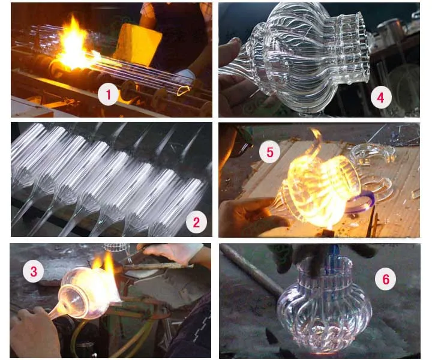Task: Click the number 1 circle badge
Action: pos(108,94)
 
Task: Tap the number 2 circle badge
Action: pos(196,222)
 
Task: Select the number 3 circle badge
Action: pos(34,272)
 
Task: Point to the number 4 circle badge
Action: pos(381,97)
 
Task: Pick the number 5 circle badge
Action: pos(270,152)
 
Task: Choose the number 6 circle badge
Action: pos(386,279)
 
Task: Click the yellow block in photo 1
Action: pos(137,44)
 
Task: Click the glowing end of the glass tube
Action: pos(184,91)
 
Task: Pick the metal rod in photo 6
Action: pos(250,269)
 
